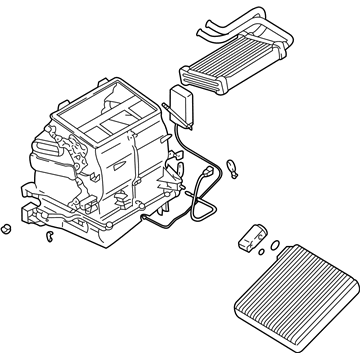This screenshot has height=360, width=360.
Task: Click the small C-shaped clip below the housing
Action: click(48, 237)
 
